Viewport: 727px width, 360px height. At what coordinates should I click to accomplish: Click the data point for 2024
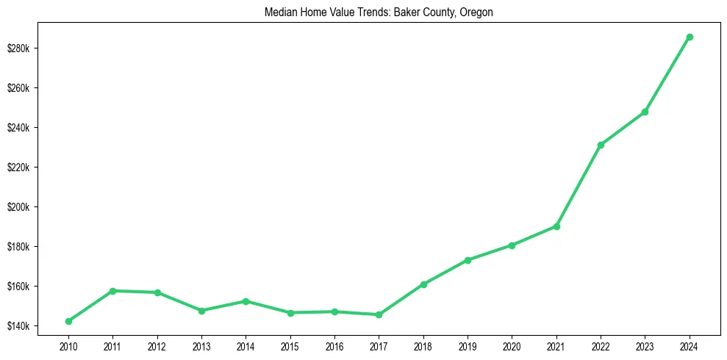(x=690, y=37)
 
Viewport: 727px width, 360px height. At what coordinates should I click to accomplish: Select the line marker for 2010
(x=68, y=321)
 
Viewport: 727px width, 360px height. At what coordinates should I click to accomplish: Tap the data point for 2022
(x=601, y=145)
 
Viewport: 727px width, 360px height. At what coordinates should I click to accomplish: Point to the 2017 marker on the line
(x=379, y=314)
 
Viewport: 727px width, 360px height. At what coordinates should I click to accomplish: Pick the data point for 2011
(x=112, y=291)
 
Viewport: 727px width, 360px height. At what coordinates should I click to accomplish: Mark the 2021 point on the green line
(x=556, y=226)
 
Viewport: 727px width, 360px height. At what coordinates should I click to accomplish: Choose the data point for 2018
(x=423, y=284)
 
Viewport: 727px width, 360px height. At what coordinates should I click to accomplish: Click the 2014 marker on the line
(x=246, y=301)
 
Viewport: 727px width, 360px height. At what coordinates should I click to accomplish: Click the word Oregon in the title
(x=477, y=12)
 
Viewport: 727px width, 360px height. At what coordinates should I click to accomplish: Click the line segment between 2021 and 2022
(x=579, y=186)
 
